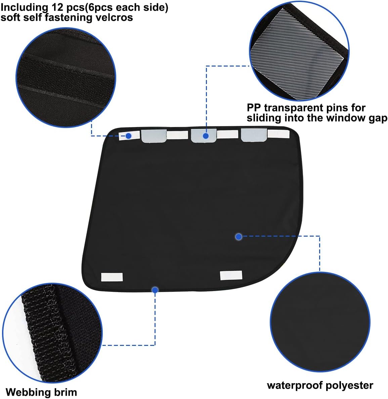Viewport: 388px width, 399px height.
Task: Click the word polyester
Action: click(x=349, y=386)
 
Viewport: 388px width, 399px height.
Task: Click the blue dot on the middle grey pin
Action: click(x=206, y=136)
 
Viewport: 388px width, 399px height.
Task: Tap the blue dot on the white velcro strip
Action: click(x=129, y=136)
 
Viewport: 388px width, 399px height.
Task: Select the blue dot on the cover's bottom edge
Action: click(x=155, y=290)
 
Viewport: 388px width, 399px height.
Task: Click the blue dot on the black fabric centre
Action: click(x=239, y=237)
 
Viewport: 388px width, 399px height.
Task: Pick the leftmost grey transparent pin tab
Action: click(x=154, y=136)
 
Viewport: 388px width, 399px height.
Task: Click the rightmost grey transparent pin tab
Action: click(x=254, y=135)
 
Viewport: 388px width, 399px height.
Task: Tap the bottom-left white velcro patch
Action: click(x=112, y=277)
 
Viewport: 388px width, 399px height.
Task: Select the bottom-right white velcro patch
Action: click(x=231, y=276)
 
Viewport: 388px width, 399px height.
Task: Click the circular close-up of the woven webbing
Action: click(x=52, y=333)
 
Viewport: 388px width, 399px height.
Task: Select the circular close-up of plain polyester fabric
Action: click(x=320, y=322)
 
